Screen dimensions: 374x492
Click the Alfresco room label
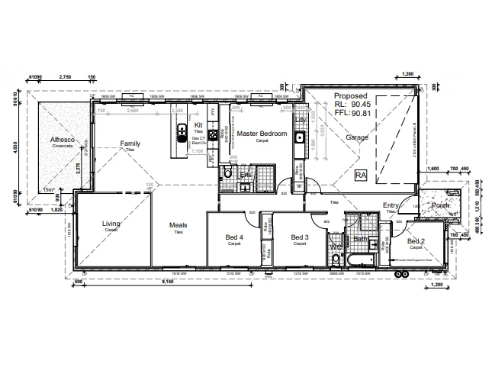[62, 140]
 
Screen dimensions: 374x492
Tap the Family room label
[130, 143]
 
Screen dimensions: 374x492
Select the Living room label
[112, 224]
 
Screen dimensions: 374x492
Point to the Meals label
[178, 225]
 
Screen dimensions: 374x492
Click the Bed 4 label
[236, 237]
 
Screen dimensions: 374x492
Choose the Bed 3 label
[300, 237]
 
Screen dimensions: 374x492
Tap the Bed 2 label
[416, 240]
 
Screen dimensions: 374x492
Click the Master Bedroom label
[262, 134]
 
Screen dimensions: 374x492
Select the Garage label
[357, 137]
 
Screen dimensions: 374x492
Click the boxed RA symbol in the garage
[361, 175]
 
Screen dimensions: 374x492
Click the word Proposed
[350, 95]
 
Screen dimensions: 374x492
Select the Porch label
[441, 205]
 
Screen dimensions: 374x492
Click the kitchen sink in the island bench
[182, 137]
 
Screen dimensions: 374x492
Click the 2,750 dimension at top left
[65, 77]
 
